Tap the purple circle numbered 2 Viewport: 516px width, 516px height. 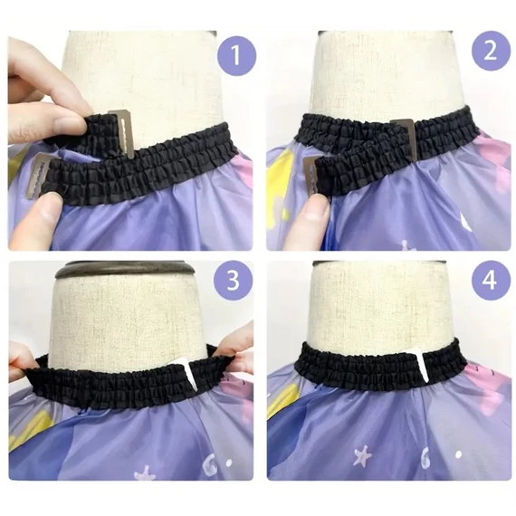click(x=491, y=51)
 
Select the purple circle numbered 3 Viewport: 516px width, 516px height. click(x=234, y=280)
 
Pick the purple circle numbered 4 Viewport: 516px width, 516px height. click(x=490, y=281)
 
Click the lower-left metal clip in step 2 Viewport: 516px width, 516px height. click(x=311, y=177)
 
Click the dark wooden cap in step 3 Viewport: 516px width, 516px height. click(x=125, y=270)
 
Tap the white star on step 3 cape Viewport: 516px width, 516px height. click(x=145, y=473)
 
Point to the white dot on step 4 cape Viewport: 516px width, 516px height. click(x=458, y=454)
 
